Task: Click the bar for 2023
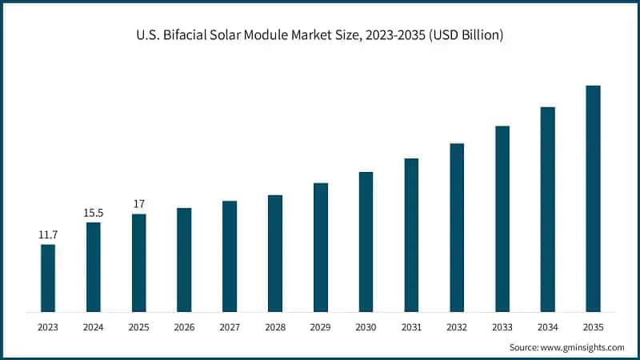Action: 48,278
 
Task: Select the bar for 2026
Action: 184,259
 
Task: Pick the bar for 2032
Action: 457,227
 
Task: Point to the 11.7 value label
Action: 48,235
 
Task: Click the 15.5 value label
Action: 94,213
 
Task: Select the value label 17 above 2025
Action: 139,204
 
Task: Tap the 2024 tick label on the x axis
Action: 94,327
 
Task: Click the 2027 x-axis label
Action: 230,327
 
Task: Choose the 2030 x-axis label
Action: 366,327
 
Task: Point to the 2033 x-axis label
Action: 502,327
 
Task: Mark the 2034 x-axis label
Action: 547,327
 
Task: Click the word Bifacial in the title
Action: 184,37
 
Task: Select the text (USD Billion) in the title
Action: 462,37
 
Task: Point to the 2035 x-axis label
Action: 593,327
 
